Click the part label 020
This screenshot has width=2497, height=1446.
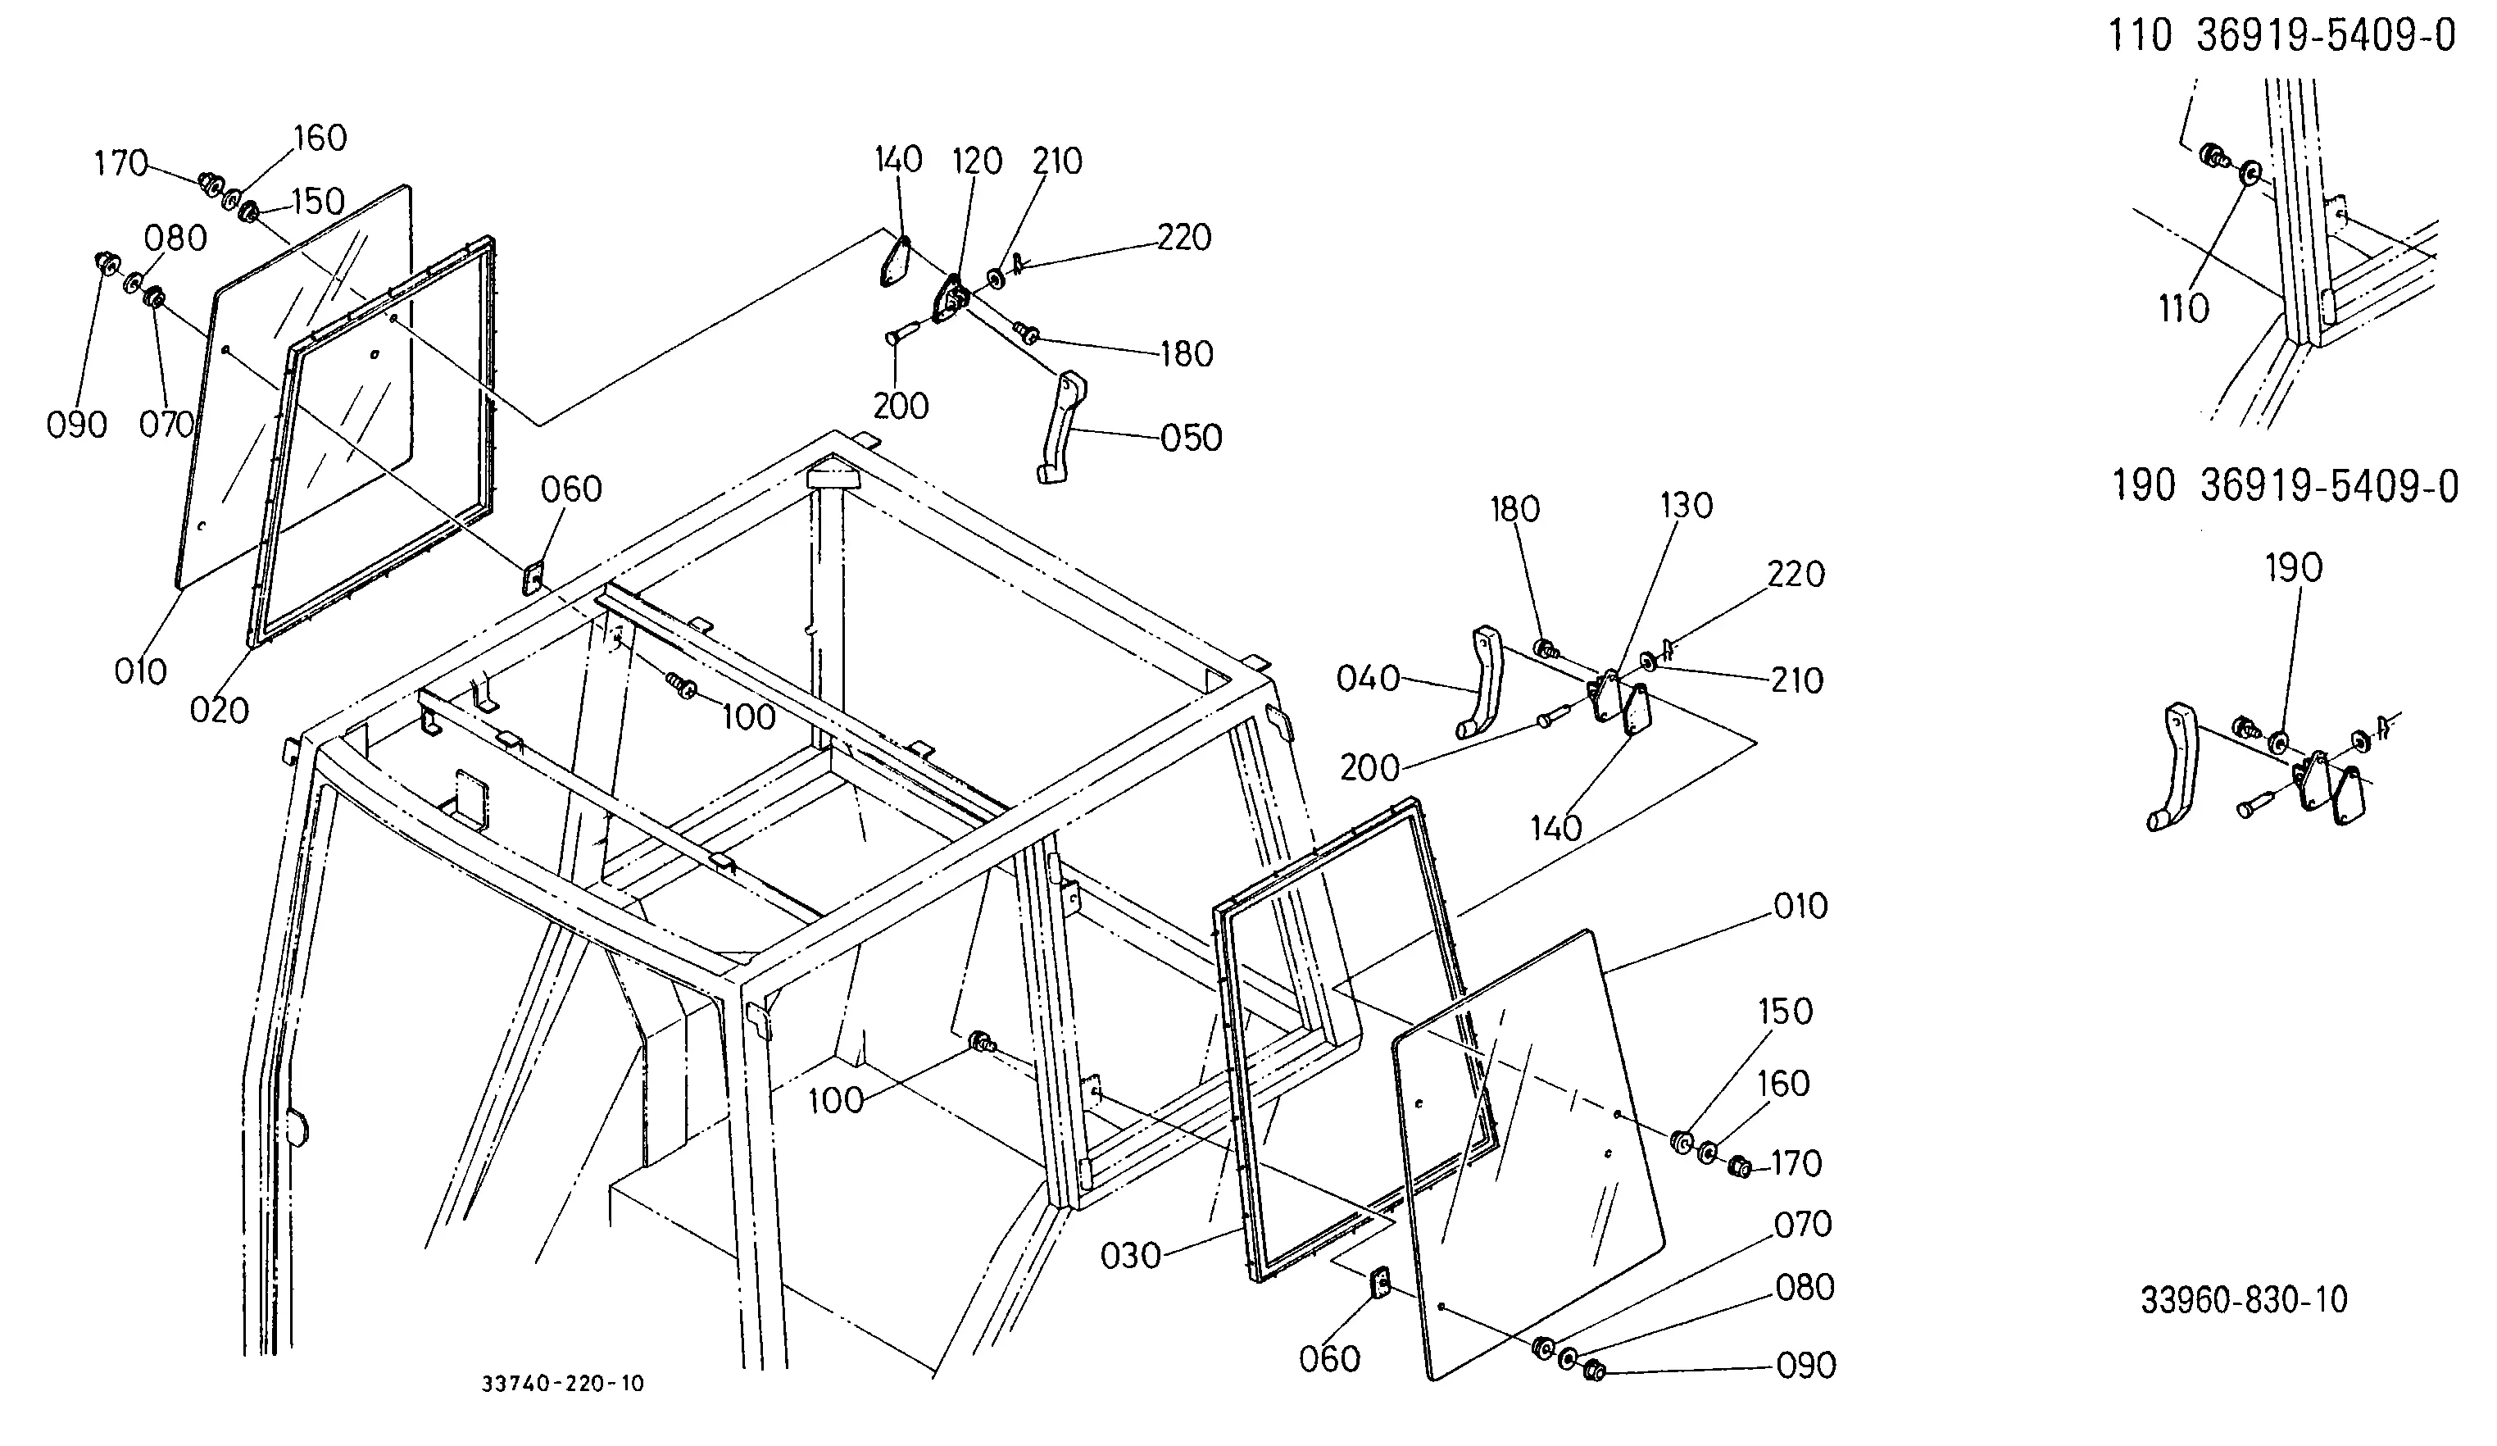219,710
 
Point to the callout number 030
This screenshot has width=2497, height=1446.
1131,1256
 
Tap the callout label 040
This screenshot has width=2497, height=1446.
1368,679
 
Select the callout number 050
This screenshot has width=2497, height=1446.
1191,438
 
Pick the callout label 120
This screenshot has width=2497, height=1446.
977,161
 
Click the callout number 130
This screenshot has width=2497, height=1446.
1687,506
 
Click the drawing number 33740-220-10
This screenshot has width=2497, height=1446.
563,1384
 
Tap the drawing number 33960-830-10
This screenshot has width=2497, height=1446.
2245,1299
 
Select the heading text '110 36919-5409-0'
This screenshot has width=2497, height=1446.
2281,37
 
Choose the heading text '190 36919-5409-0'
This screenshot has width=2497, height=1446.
2285,487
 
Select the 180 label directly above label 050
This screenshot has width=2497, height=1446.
1187,355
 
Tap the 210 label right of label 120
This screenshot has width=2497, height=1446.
1057,161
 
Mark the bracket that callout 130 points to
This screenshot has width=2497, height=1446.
1605,697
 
